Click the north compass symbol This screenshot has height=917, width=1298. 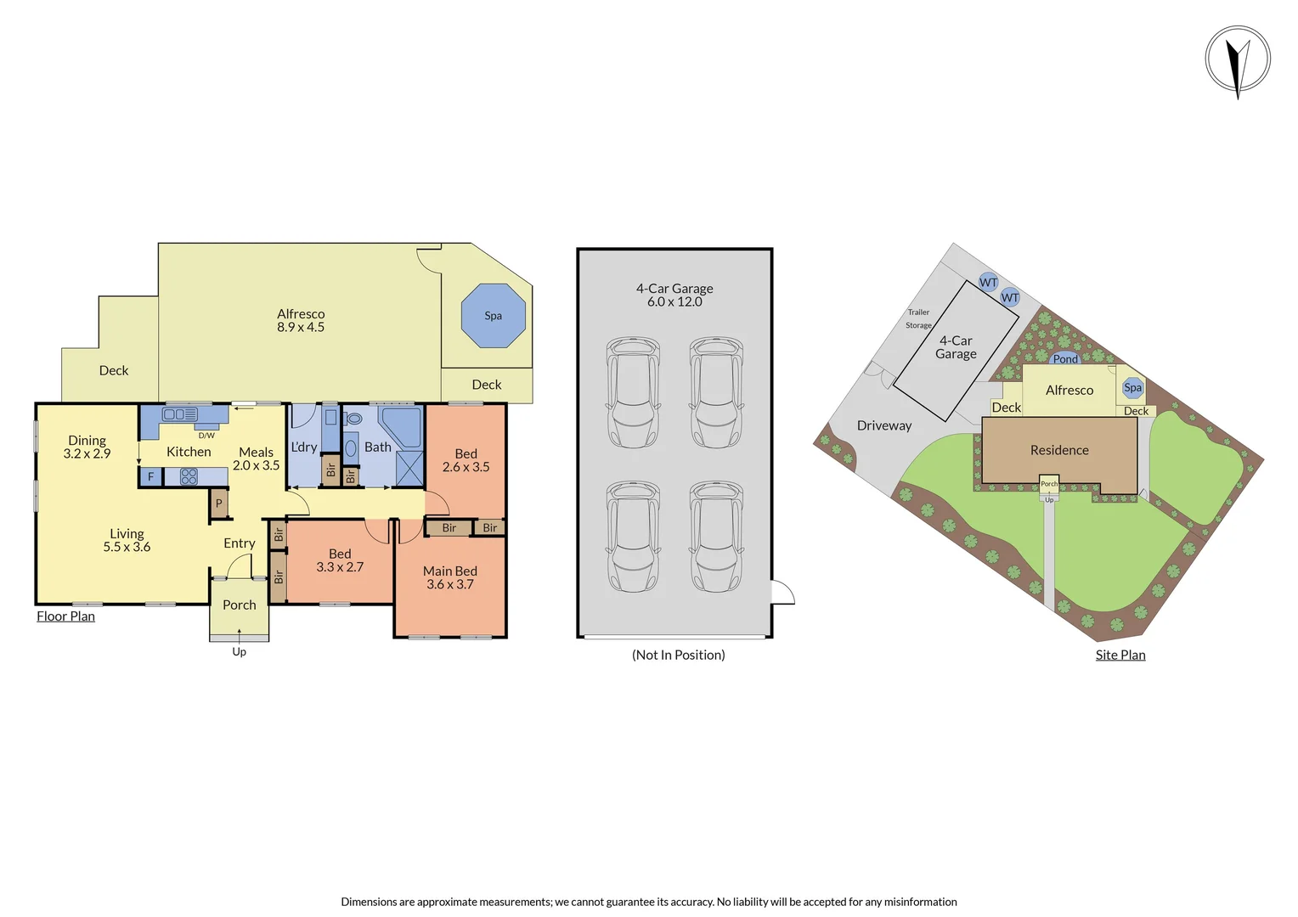tap(1238, 60)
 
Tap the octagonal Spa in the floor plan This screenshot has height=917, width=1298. tap(494, 316)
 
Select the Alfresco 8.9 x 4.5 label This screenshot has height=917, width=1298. tap(301, 320)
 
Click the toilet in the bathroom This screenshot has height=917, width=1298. tap(354, 419)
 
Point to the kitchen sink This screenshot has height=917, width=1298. tap(179, 414)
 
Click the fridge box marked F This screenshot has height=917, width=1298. tap(151, 477)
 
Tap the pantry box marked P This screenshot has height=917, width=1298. tap(219, 504)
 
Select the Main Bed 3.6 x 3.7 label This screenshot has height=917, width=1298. tap(450, 577)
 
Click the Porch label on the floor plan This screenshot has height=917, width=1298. tap(240, 605)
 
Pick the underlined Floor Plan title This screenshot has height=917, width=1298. tap(65, 616)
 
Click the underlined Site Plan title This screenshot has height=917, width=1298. tap(1120, 655)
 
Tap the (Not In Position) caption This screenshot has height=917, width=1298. tap(678, 655)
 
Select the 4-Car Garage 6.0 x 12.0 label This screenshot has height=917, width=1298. tap(674, 295)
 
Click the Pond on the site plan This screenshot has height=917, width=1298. tap(1065, 359)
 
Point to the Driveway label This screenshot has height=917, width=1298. tap(883, 425)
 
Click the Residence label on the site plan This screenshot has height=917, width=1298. tap(1059, 450)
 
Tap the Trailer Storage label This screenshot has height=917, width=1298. tap(918, 318)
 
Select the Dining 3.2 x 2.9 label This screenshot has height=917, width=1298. tap(87, 447)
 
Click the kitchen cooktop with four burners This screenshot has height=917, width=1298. tap(189, 476)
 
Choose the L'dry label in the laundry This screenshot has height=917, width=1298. tap(304, 447)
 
